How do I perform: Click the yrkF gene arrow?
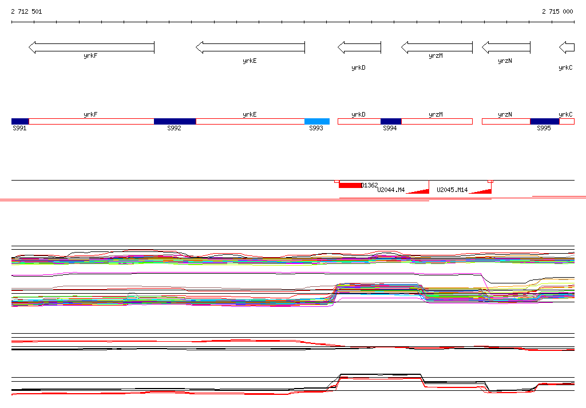point(92,47)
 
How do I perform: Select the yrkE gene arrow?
point(250,47)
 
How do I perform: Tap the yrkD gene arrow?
point(359,47)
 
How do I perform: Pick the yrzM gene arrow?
point(437,47)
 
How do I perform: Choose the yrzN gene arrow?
point(506,47)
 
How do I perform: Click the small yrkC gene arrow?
point(567,47)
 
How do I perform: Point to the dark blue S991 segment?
point(20,121)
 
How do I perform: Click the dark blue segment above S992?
point(175,121)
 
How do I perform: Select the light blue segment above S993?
point(317,121)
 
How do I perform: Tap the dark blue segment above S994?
point(391,121)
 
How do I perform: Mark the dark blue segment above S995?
point(545,121)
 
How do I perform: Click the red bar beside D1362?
point(350,185)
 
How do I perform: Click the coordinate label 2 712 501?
point(26,11)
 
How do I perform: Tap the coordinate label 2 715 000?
point(557,11)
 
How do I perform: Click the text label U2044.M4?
point(391,190)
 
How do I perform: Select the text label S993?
point(316,129)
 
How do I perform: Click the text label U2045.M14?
point(452,190)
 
